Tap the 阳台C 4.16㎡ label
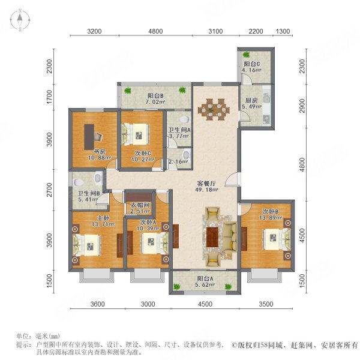point(251,68)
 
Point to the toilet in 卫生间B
point(98,178)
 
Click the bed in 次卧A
point(147,244)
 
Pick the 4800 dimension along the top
point(155,32)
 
